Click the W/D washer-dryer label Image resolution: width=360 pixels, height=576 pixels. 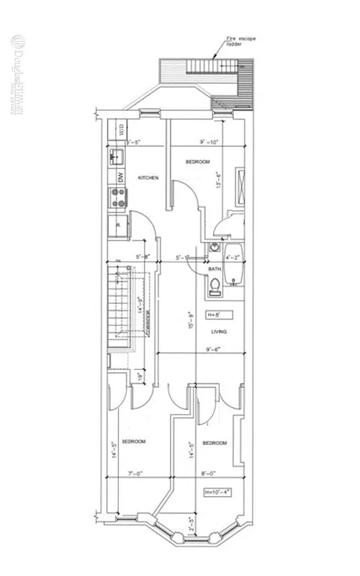[x=122, y=132]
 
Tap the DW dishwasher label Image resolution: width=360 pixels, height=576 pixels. [x=122, y=177]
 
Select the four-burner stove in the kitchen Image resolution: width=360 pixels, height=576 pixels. [x=120, y=197]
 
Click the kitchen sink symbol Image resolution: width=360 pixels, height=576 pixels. [x=117, y=156]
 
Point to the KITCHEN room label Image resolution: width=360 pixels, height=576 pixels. [x=148, y=177]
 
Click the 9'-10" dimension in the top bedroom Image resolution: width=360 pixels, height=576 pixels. [x=209, y=142]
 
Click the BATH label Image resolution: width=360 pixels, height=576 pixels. [x=215, y=269]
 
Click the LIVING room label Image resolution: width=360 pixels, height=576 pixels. [x=219, y=332]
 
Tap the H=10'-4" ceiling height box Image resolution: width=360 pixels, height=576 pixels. [x=217, y=492]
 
